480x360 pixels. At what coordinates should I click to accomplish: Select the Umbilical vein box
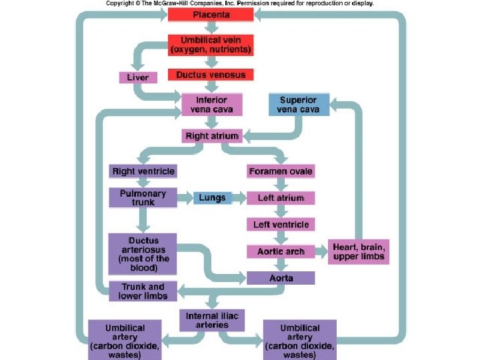[x=211, y=45]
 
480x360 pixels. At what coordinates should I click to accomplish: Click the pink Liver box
[x=138, y=77]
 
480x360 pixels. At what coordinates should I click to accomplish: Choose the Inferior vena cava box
[x=211, y=105]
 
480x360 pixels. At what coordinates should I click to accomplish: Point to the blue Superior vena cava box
[x=299, y=105]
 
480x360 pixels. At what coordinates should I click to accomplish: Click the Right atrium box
[x=211, y=136]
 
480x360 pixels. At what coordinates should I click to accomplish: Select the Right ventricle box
[x=143, y=171]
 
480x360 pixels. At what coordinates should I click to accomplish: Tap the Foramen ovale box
[x=281, y=171]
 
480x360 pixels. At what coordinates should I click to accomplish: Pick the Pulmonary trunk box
[x=143, y=197]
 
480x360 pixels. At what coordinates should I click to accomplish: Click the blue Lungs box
[x=212, y=198]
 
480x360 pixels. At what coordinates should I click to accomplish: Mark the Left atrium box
[x=281, y=198]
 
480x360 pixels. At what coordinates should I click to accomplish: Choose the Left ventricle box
[x=281, y=225]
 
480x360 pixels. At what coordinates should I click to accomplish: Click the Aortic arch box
[x=281, y=251]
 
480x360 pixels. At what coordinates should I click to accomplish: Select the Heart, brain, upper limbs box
[x=358, y=251]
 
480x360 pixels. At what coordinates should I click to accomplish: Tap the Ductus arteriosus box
[x=143, y=253]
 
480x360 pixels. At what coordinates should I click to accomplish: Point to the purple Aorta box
[x=281, y=277]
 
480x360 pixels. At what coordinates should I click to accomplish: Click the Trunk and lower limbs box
[x=143, y=291]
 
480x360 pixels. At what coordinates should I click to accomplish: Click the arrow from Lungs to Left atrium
[x=239, y=198]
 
